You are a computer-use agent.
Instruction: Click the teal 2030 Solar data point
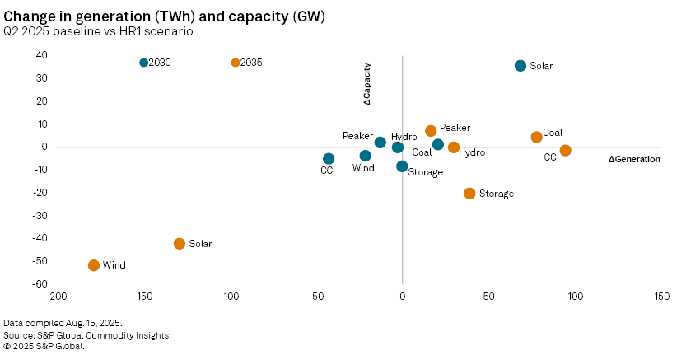click(x=520, y=66)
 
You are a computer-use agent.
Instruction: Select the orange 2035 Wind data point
click(x=94, y=265)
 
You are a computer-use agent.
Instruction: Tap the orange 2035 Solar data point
click(x=180, y=244)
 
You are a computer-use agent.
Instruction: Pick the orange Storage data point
click(x=470, y=194)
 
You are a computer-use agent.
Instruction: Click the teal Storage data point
click(x=402, y=166)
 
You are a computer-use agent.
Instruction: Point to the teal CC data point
click(x=329, y=159)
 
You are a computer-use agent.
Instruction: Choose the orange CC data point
click(x=565, y=151)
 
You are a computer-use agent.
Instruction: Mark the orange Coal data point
click(x=537, y=138)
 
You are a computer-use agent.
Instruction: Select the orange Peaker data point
click(x=431, y=131)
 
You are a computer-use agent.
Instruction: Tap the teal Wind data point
click(x=366, y=156)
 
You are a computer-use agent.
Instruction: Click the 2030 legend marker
click(x=144, y=63)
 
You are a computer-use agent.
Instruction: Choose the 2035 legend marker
click(x=236, y=63)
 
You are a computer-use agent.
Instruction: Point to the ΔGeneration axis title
click(x=634, y=159)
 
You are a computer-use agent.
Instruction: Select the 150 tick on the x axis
click(x=661, y=296)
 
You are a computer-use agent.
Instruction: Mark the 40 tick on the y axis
click(x=41, y=55)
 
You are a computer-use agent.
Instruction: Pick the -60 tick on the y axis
click(x=40, y=284)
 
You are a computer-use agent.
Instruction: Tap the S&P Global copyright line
click(x=44, y=346)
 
